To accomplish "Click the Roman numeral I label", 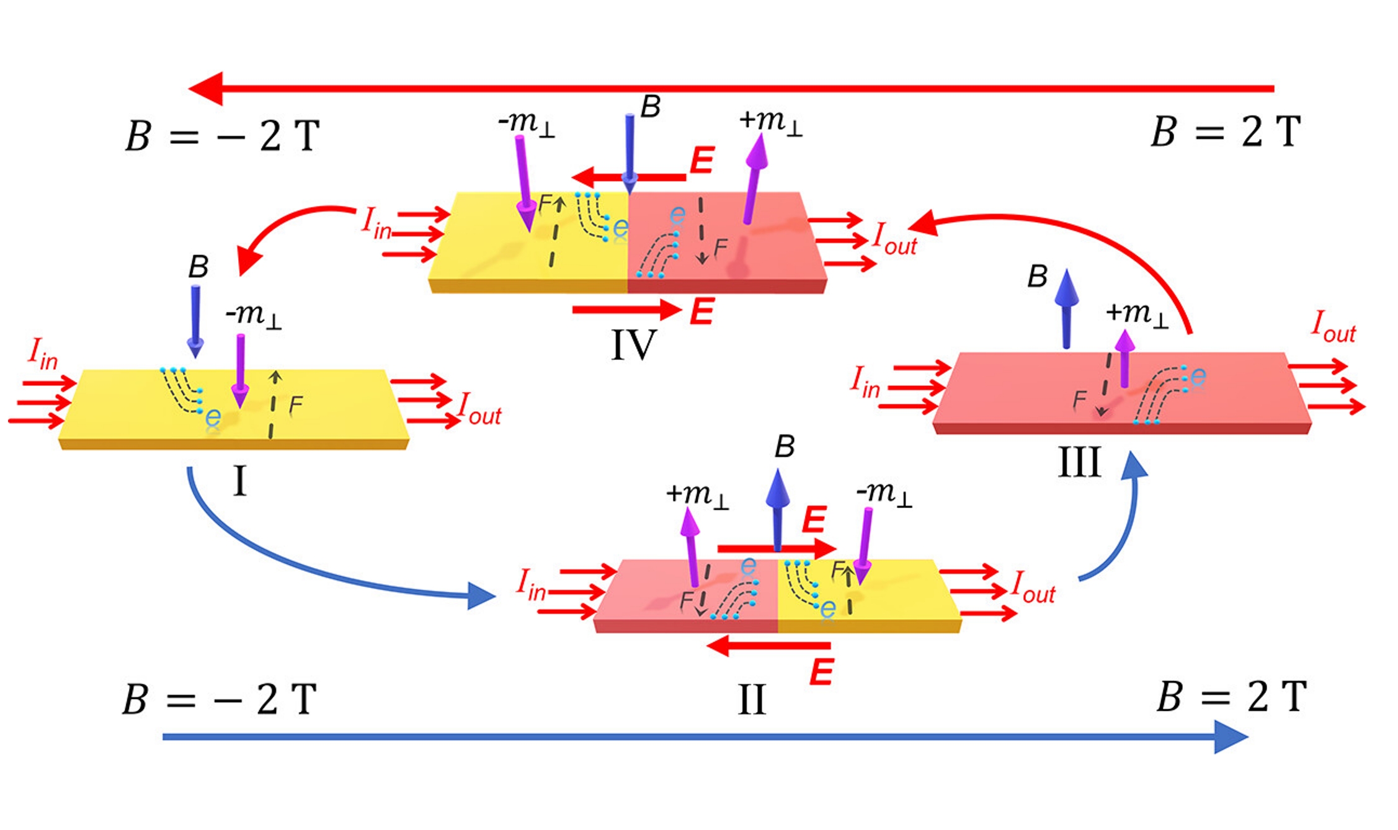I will point(239,481).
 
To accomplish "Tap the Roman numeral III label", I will point(1079,462).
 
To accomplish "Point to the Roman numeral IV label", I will point(633,345).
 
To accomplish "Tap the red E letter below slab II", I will point(821,672).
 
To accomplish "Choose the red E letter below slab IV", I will point(701,311).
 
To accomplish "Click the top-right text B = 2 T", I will point(1225,132).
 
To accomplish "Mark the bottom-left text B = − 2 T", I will point(220,700).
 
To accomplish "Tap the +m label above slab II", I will point(697,495).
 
